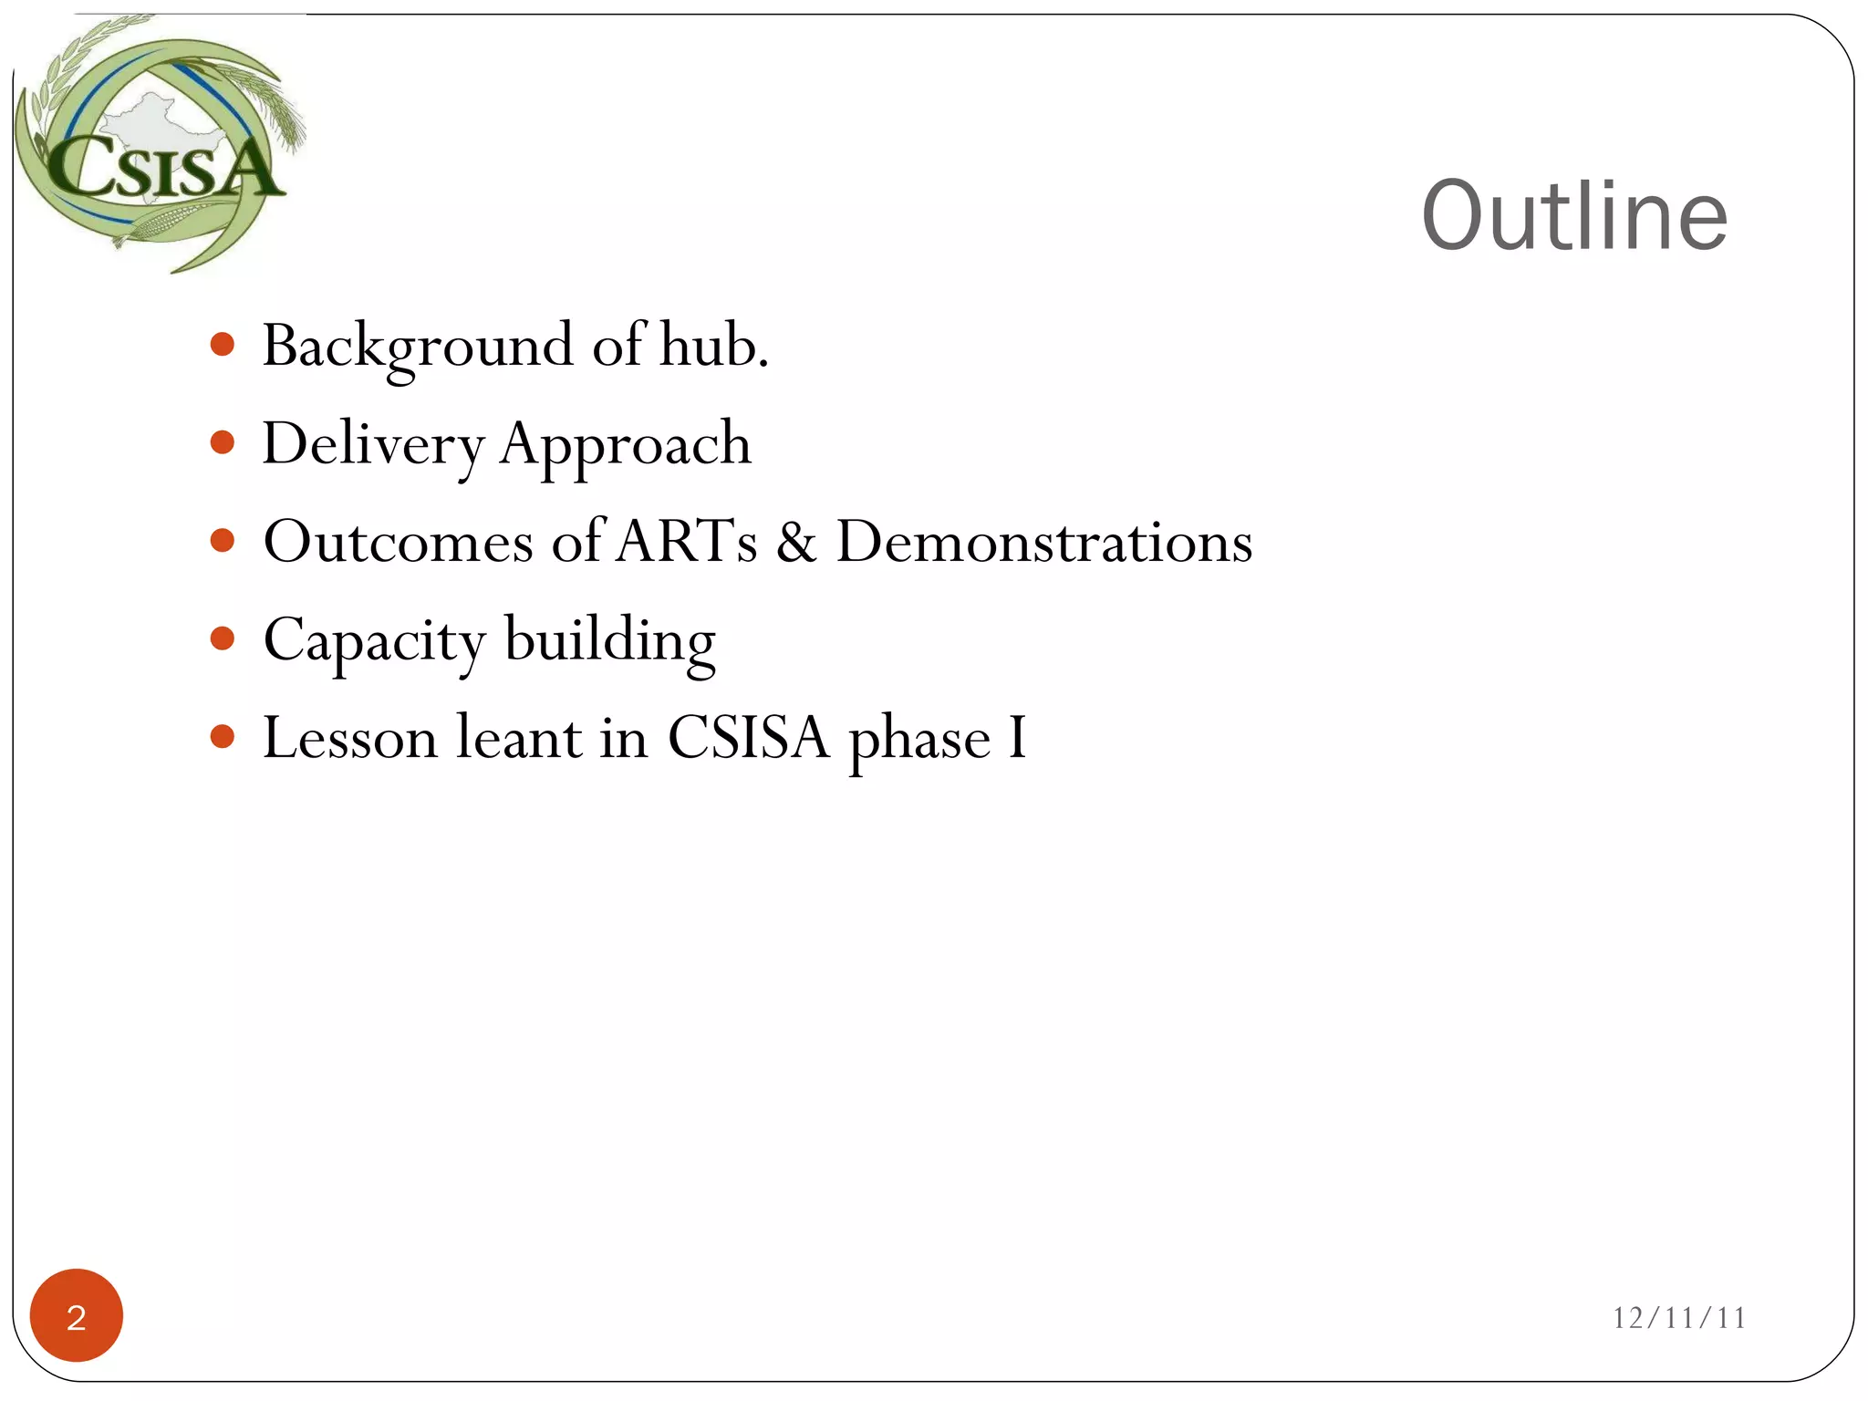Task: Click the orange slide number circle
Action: [77, 1315]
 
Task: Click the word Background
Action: [418, 347]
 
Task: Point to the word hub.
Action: [712, 347]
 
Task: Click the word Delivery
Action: [373, 445]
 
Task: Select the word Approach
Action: [625, 445]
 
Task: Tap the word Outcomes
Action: [398, 542]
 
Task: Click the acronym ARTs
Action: [687, 542]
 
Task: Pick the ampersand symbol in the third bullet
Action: [796, 542]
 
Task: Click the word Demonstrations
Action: [1043, 542]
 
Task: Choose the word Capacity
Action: [374, 641]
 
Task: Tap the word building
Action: [609, 641]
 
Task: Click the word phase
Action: [918, 739]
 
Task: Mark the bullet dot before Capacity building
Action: [222, 638]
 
